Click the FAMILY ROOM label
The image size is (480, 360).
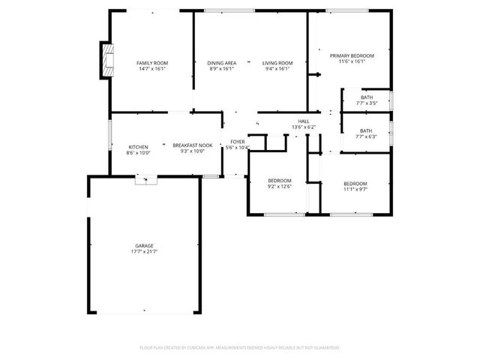pos(151,62)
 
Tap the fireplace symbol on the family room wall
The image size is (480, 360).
pos(109,60)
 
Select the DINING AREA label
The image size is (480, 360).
pos(222,62)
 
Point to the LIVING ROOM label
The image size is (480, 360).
pos(277,62)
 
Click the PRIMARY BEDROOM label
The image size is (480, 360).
pos(352,55)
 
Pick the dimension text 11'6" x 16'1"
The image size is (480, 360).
pos(352,62)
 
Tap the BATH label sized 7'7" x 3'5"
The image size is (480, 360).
pos(366,97)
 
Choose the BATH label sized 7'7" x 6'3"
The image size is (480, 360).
pos(366,130)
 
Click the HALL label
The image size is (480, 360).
pos(304,121)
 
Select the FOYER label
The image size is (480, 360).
pos(237,141)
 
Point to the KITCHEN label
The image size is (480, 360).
pos(138,146)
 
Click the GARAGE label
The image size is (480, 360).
pos(145,245)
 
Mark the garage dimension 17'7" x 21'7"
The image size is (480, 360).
pos(145,252)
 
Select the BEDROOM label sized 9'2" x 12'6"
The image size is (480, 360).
pos(279,181)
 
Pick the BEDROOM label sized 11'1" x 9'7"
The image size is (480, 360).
pos(355,184)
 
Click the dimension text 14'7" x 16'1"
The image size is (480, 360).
pos(151,69)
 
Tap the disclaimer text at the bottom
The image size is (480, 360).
pos(240,348)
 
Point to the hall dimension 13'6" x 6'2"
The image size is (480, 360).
pos(304,127)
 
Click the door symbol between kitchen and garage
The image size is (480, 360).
pos(146,179)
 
